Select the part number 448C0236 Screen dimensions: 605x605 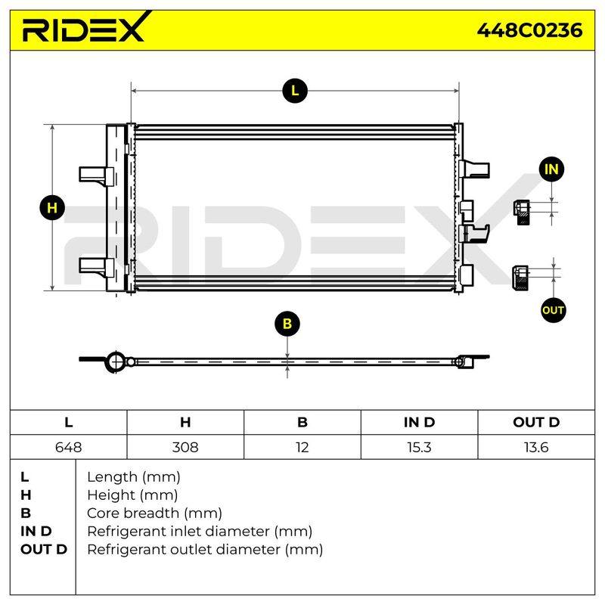coord(529,30)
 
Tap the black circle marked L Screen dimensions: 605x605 coord(295,91)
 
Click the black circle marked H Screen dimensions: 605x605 coord(52,208)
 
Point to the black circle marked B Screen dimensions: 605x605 coord(287,324)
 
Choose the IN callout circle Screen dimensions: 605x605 coord(551,169)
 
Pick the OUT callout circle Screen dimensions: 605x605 coord(553,310)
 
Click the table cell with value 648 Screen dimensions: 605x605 coord(68,447)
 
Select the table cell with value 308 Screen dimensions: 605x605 coord(185,447)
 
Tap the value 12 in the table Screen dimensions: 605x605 coord(302,447)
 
